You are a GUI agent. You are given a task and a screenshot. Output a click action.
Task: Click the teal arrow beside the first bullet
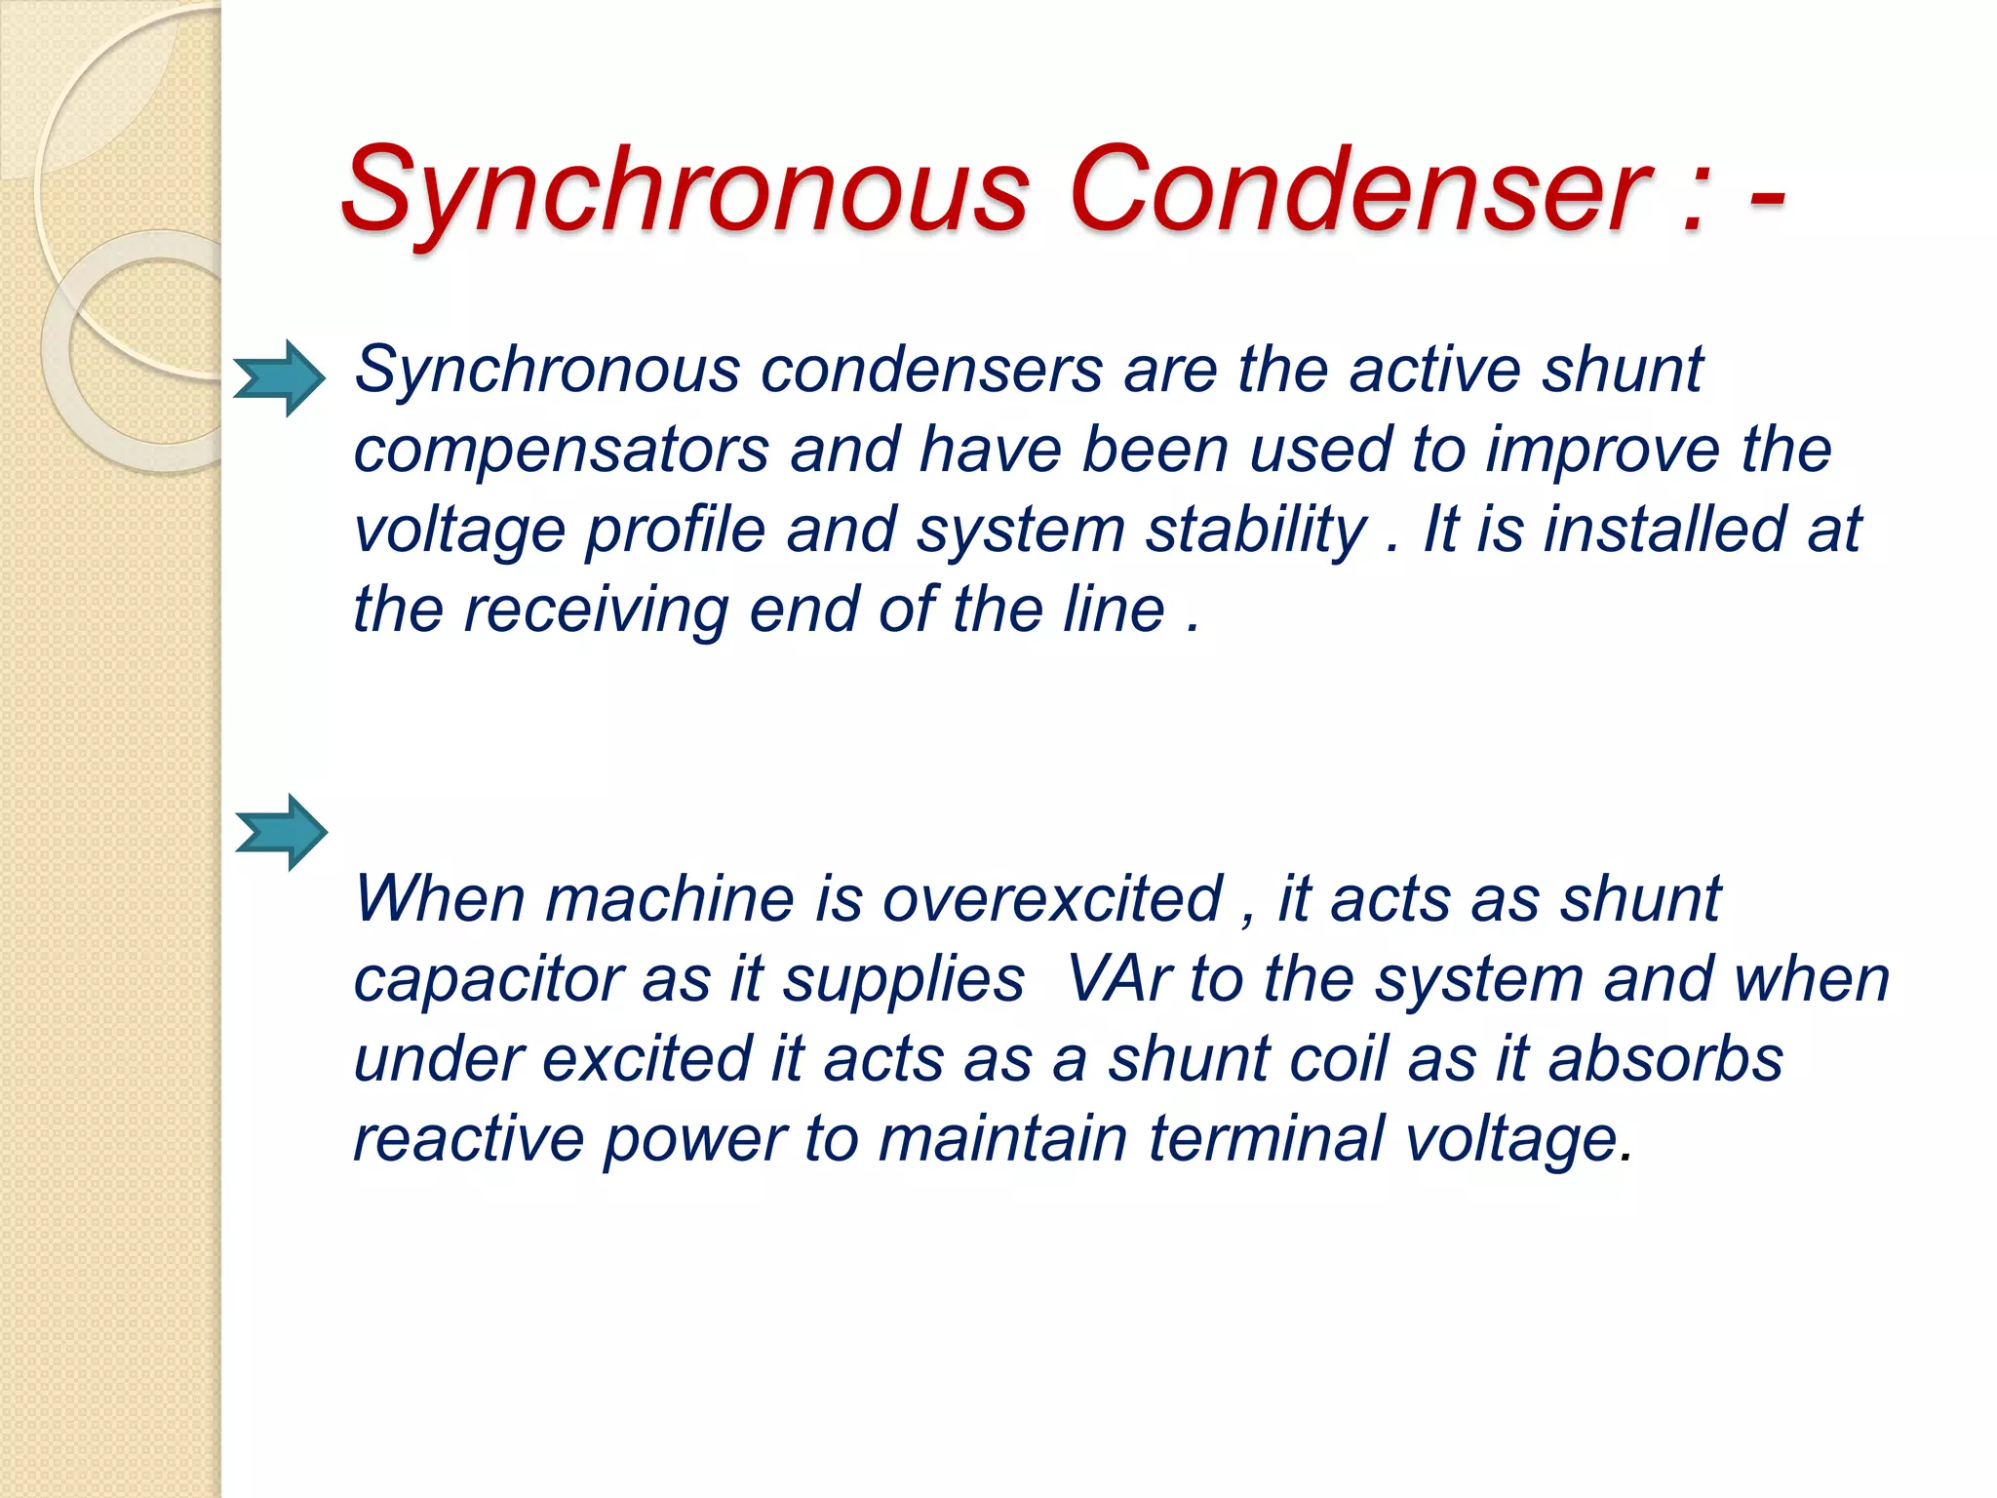click(x=280, y=378)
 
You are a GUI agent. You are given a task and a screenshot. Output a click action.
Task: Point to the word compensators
click(x=561, y=451)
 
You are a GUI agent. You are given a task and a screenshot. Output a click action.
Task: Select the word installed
click(x=1664, y=530)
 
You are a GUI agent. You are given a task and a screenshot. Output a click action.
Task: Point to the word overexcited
click(x=1052, y=898)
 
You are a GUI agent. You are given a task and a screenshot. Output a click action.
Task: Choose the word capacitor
click(x=488, y=980)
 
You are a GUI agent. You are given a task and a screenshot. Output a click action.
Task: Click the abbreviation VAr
click(x=1117, y=978)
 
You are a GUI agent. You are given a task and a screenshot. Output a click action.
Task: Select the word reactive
click(x=468, y=1139)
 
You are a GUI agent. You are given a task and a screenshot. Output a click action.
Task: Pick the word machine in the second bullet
click(x=669, y=898)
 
